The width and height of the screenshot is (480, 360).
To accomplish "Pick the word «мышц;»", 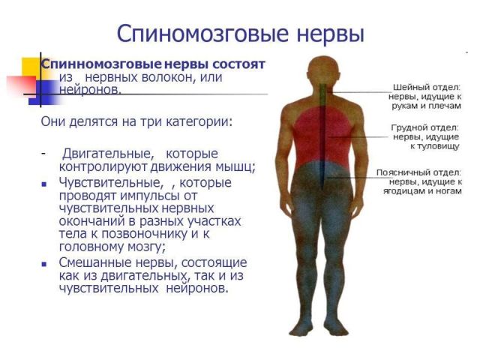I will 238,166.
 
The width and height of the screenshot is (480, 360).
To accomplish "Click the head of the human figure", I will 322,70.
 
